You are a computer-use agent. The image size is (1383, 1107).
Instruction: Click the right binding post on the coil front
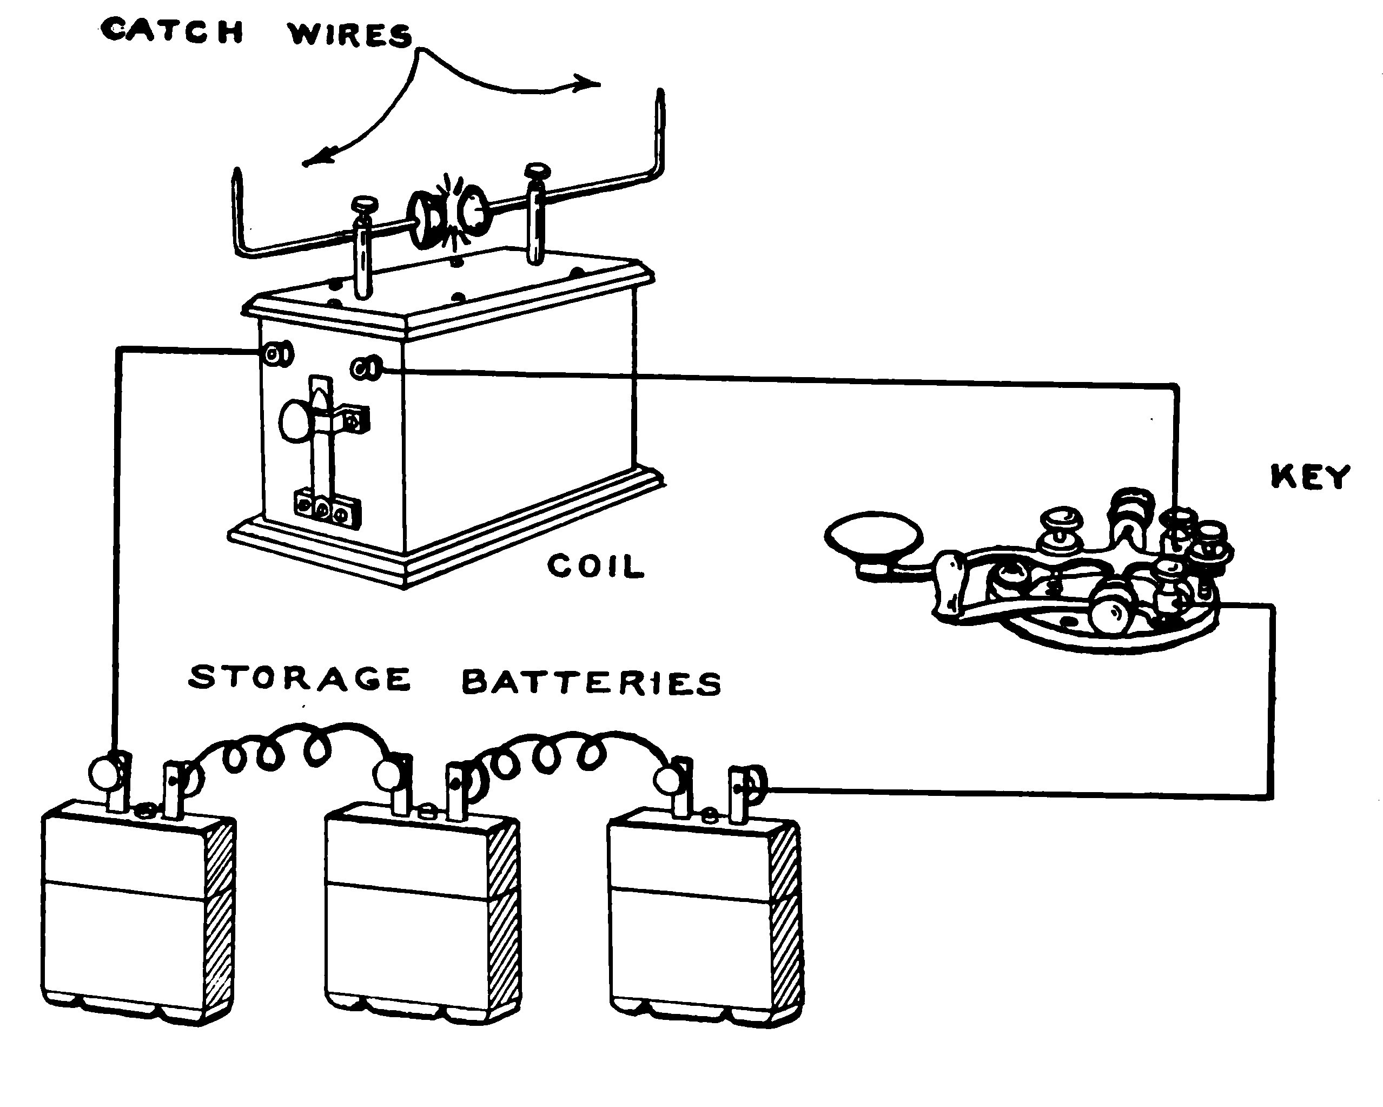366,368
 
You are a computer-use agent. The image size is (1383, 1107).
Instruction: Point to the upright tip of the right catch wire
660,103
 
